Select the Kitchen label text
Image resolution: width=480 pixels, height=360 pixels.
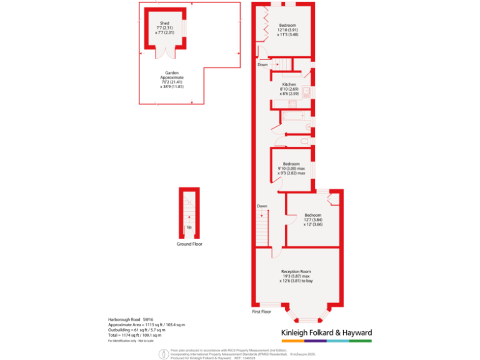pos(289,84)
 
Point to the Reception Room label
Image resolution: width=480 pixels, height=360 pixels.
pos(296,271)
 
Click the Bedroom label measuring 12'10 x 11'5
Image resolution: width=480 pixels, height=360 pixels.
pos(287,25)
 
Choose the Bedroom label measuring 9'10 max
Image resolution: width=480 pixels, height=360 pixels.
pos(292,164)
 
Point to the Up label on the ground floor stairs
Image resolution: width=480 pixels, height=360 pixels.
pos(189,227)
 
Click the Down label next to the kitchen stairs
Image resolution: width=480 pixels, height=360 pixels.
pos(262,64)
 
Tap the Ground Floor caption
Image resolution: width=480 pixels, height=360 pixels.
pos(189,244)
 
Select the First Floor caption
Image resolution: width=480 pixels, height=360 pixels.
pos(261,311)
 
